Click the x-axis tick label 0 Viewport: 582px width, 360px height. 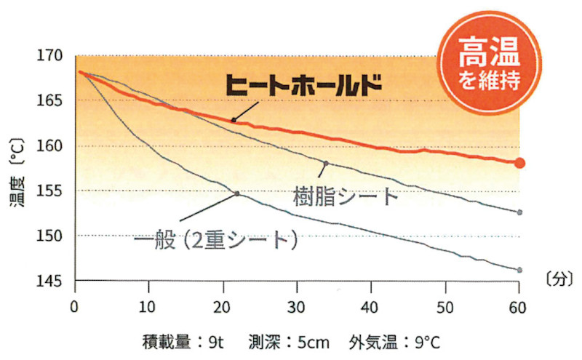pos(75,306)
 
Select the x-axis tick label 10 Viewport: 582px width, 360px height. pos(148,306)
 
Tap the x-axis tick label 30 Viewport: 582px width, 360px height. pos(297,306)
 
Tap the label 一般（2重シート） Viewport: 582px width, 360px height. pos(217,240)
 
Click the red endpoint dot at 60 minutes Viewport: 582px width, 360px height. pos(519,163)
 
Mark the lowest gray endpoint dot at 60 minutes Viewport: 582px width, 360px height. pos(519,270)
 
